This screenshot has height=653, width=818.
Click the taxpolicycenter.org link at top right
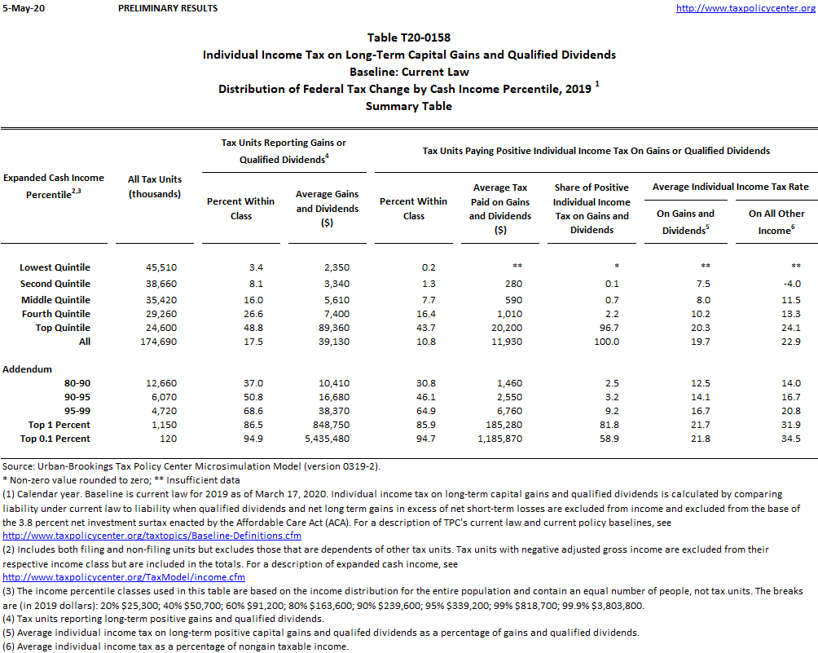click(745, 8)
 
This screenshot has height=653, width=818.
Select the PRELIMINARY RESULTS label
click(168, 8)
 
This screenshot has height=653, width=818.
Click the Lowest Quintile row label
click(55, 267)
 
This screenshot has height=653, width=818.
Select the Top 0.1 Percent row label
click(55, 439)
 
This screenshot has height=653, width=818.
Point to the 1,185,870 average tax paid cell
click(499, 439)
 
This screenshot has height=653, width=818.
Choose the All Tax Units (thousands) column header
click(155, 186)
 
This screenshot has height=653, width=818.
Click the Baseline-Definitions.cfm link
click(152, 536)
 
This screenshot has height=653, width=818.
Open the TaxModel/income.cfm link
click(124, 577)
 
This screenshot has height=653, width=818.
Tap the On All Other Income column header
click(770, 222)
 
